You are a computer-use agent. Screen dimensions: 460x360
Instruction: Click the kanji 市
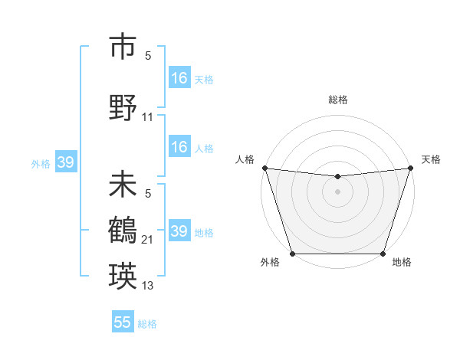[123, 47]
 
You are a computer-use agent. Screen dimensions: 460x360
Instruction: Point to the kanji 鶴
[123, 231]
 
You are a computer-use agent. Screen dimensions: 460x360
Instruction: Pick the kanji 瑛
[123, 274]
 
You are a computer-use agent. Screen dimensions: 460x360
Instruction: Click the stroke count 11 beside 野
[148, 117]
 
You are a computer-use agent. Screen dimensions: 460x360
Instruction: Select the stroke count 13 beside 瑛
[148, 286]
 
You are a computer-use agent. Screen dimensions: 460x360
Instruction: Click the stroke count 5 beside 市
[148, 56]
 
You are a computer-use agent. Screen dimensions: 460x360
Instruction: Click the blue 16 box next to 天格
[179, 78]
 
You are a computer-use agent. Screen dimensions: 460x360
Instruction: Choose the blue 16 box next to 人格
[179, 148]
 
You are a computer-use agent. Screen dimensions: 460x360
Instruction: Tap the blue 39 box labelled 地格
[179, 231]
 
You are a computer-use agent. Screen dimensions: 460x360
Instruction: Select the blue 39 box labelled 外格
[65, 162]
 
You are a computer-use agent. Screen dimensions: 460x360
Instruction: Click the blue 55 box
[123, 322]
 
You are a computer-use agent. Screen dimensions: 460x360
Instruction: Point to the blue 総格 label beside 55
[147, 324]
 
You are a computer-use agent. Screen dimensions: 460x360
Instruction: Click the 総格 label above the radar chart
[337, 100]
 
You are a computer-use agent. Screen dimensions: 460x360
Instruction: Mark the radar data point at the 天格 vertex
[410, 168]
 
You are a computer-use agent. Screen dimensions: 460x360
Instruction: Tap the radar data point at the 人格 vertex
[264, 168]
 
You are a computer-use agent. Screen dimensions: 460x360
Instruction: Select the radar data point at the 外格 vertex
[292, 254]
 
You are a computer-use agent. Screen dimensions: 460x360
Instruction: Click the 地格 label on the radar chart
[402, 263]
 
